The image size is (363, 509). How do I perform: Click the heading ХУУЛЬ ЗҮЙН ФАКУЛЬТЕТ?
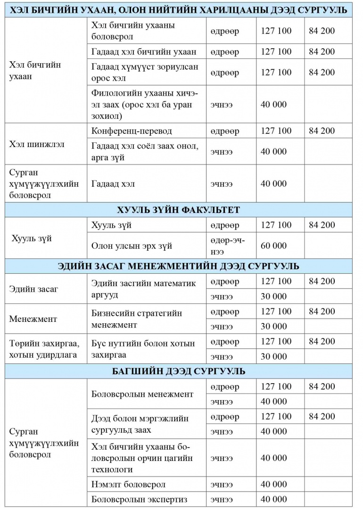click(179, 210)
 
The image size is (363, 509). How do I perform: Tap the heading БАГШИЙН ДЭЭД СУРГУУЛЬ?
click(179, 371)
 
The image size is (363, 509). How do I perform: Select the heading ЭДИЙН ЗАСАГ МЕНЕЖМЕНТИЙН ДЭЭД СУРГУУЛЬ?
click(179, 266)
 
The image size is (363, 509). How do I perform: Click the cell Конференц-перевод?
click(132, 131)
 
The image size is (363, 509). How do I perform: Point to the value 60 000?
click(273, 246)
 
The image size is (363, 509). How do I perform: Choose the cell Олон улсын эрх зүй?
click(132, 246)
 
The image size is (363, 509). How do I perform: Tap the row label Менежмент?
click(33, 319)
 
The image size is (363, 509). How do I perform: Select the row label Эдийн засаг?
click(33, 289)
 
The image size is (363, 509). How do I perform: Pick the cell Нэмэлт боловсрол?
click(128, 484)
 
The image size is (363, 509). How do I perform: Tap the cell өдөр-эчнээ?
click(228, 246)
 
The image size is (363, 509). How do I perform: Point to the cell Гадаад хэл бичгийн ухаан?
click(144, 52)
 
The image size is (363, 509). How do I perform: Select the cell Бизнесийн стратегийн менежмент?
click(137, 319)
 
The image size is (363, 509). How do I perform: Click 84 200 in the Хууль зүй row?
click(322, 225)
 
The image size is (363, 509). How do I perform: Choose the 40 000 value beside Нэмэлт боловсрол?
click(273, 484)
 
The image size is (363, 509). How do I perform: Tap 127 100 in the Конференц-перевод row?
click(276, 131)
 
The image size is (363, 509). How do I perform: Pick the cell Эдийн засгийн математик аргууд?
click(143, 289)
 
